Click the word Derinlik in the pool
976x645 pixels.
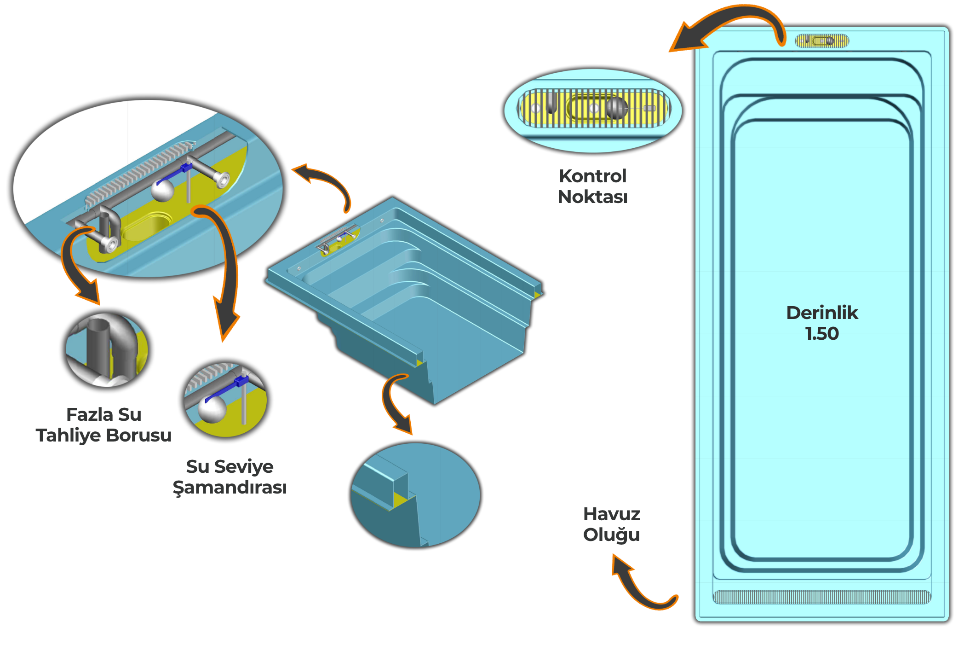coord(822,313)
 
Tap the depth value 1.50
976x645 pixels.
coord(822,334)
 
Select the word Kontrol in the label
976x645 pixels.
coord(592,176)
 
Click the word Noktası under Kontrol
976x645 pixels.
coord(592,197)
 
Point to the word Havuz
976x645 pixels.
coord(612,514)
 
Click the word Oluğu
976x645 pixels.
coord(611,535)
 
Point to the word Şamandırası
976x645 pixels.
coord(230,488)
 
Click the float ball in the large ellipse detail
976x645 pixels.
coord(162,190)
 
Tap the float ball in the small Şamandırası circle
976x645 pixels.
coord(212,409)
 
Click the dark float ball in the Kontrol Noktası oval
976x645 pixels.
coord(616,108)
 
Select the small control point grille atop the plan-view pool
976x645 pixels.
coord(822,41)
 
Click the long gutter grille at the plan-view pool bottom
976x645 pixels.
coord(821,597)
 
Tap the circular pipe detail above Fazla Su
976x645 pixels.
coord(107,350)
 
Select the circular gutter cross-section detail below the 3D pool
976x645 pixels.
coord(415,495)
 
